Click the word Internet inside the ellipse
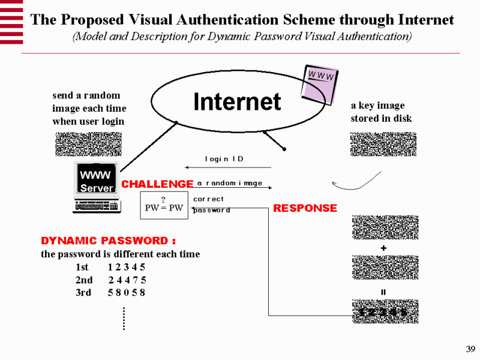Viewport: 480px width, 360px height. (x=237, y=102)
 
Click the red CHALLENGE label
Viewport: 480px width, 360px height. (x=157, y=184)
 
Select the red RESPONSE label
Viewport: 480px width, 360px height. (x=305, y=208)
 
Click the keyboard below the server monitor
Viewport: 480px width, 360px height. (x=96, y=207)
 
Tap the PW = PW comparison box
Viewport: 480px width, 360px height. (x=164, y=205)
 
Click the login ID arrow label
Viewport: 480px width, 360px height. (x=224, y=159)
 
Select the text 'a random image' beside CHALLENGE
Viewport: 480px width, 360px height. (x=230, y=183)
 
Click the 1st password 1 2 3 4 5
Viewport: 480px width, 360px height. (x=127, y=267)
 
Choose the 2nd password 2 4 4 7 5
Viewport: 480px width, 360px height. (x=127, y=280)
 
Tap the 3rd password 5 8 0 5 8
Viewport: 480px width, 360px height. (x=127, y=293)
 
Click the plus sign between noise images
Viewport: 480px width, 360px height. (x=383, y=248)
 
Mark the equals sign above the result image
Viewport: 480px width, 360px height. (x=383, y=292)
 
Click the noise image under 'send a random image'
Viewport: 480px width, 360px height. (x=89, y=144)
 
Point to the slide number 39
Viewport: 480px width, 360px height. (x=470, y=350)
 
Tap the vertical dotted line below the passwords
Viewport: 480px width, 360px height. (x=123, y=318)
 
